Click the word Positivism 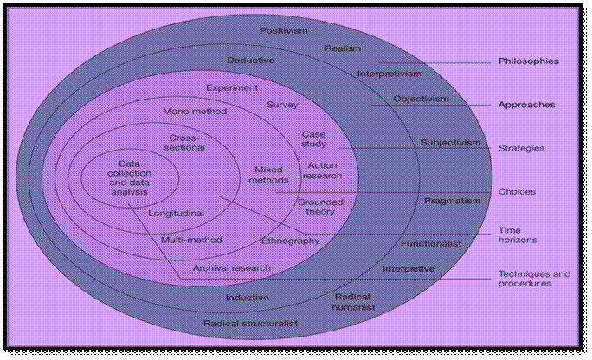283,30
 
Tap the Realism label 343,48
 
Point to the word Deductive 251,61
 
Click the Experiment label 232,87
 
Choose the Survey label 283,105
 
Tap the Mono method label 195,112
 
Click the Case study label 313,139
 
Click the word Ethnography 290,240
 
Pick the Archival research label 231,268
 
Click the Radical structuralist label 250,324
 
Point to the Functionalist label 431,244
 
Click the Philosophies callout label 528,61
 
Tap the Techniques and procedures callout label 534,279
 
